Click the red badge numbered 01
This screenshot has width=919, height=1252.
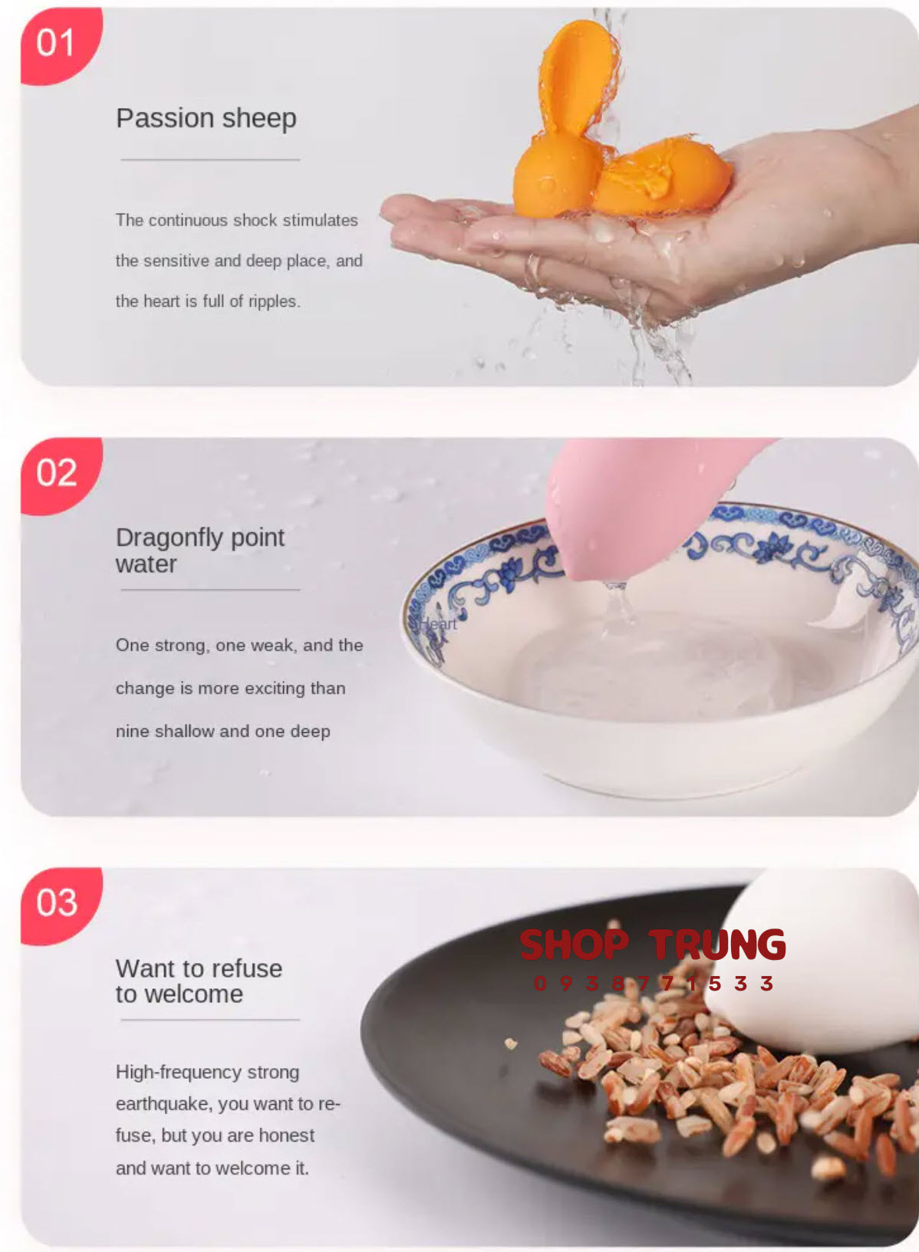tap(59, 44)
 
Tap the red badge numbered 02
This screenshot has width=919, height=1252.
tap(59, 475)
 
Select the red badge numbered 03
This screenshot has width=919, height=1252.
tap(59, 905)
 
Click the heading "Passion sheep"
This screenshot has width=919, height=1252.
tap(206, 119)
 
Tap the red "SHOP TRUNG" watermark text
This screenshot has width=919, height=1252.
tap(653, 945)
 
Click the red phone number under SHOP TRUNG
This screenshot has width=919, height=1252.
tap(654, 984)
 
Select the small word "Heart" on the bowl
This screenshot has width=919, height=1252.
tap(439, 624)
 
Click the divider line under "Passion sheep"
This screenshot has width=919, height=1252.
tap(210, 159)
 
